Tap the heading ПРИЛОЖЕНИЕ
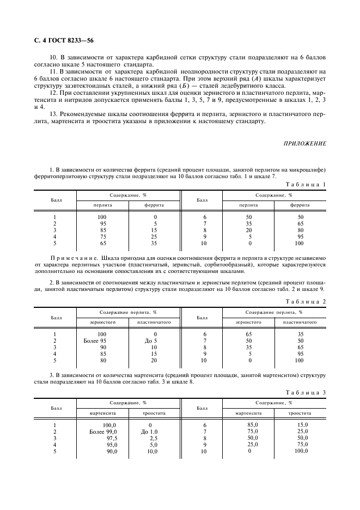[x=304, y=143]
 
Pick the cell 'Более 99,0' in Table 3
[x=103, y=431]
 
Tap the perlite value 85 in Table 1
[x=102, y=230]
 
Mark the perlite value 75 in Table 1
[x=102, y=236]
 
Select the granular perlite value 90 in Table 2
[x=102, y=347]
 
